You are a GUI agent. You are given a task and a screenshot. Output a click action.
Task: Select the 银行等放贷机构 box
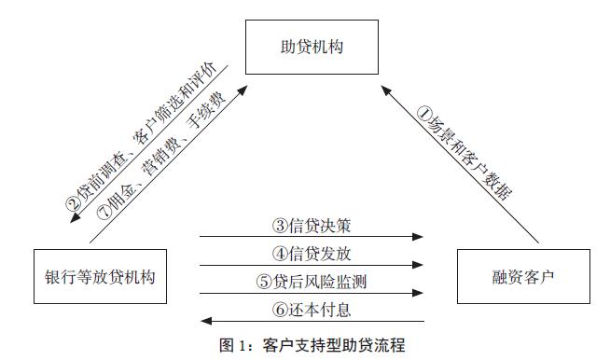98,277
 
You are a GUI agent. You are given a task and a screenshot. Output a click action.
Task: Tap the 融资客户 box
511,277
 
